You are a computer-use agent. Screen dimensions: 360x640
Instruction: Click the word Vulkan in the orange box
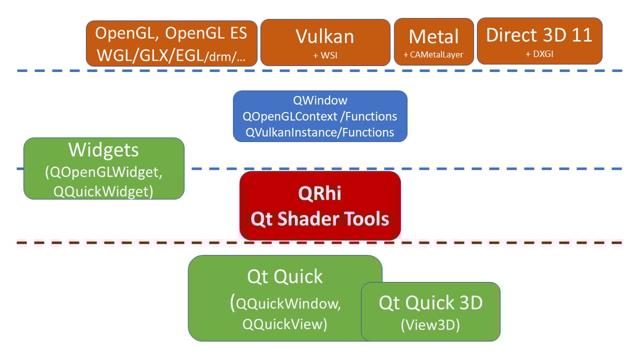coord(325,36)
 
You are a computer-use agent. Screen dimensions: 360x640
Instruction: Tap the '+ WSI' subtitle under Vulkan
coord(325,55)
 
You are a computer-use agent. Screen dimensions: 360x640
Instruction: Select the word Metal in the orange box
coord(434,36)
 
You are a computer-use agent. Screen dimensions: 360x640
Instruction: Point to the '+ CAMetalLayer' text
coord(434,55)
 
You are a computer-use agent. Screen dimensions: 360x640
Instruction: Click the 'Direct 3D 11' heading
coord(539,35)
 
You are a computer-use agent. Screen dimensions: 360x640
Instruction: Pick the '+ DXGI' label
coord(539,54)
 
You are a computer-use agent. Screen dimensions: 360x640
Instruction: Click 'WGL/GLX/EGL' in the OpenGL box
coord(149,55)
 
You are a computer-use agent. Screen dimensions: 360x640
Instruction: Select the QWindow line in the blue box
coord(320,100)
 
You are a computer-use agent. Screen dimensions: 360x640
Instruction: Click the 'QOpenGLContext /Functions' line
coord(320,116)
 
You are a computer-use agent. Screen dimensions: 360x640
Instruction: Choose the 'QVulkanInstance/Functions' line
coord(320,132)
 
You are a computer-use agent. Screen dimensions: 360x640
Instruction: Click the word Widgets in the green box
coord(103,150)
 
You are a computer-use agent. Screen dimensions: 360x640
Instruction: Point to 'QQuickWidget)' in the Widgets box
coord(103,191)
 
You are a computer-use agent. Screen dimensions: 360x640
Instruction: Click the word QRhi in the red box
coord(320,194)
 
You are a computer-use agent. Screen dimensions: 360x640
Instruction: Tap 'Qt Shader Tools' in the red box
coord(320,218)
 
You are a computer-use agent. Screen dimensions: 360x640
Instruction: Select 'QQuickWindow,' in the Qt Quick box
coord(288,304)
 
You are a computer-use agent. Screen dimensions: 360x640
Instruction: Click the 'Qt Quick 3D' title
coord(430,303)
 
